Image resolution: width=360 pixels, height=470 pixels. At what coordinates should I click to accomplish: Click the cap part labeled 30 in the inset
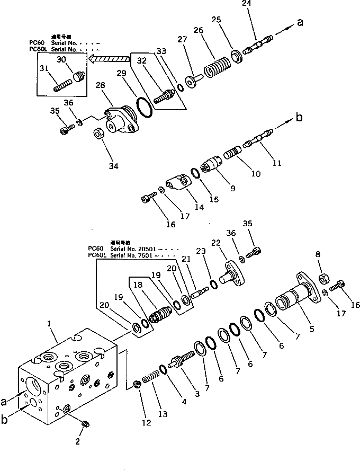pos(79,76)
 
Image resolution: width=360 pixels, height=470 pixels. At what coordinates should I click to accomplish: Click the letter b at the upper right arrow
pos(299,118)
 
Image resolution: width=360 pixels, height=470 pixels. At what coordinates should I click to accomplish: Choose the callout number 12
pos(146,422)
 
